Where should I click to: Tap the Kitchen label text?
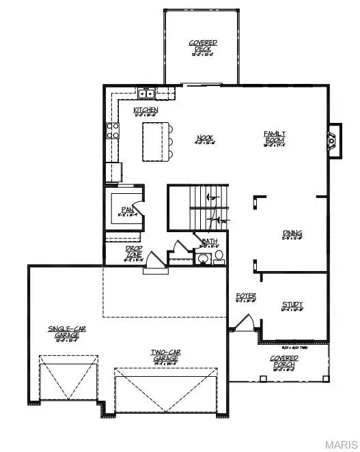(x=146, y=110)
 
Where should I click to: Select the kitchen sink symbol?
(x=145, y=94)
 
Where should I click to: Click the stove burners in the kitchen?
(x=112, y=130)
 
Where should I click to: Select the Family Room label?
(x=275, y=137)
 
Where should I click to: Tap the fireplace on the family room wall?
(x=331, y=141)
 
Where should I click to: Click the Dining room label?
(x=292, y=234)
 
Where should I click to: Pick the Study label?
(x=292, y=305)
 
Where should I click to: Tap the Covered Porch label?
(x=283, y=361)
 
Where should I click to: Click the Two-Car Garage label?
(x=165, y=355)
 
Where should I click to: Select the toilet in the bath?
(x=219, y=256)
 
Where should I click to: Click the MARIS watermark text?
(x=340, y=444)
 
